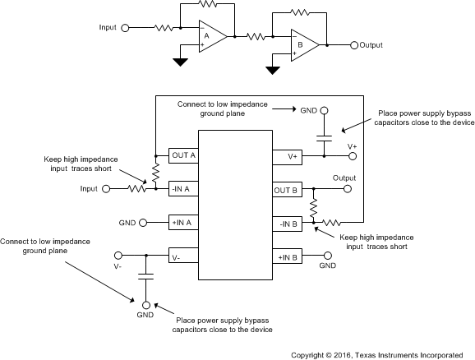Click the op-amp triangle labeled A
(206, 36)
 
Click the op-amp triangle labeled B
(298, 45)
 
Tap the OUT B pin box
(293, 188)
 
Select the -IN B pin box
(293, 222)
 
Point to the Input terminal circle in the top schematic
(125, 28)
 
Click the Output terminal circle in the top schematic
(353, 45)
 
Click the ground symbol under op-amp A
(181, 60)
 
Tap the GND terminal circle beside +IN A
(144, 222)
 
